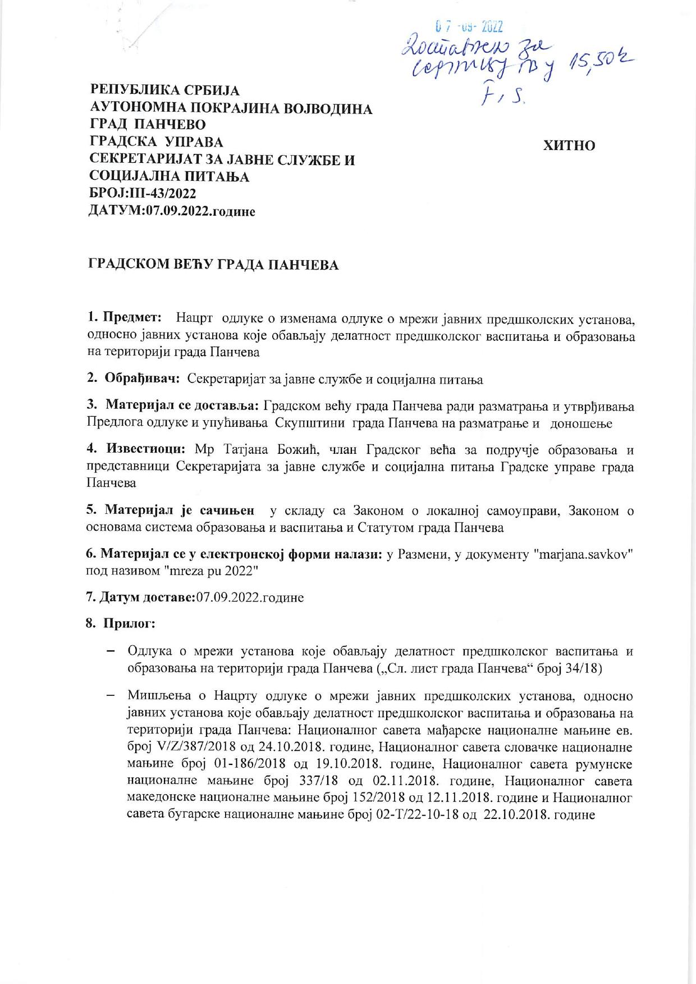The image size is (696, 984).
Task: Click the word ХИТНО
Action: [x=569, y=145]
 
